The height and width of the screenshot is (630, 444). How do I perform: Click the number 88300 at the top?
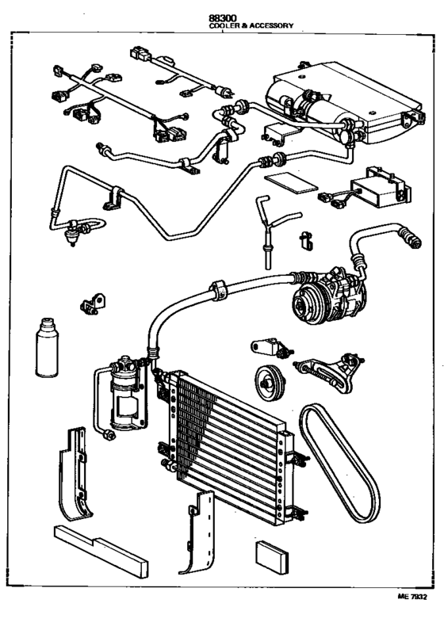[222, 18]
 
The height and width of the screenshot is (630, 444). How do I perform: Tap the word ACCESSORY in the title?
[271, 25]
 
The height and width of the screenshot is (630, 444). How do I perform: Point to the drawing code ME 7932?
[412, 597]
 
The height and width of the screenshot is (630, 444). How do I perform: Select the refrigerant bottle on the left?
[47, 348]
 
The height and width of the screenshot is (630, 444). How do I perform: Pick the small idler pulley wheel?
[270, 383]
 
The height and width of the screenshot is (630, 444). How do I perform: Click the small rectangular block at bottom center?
[272, 557]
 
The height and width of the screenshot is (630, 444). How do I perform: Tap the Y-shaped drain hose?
[274, 229]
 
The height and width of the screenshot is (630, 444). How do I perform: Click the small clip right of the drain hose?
[306, 240]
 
